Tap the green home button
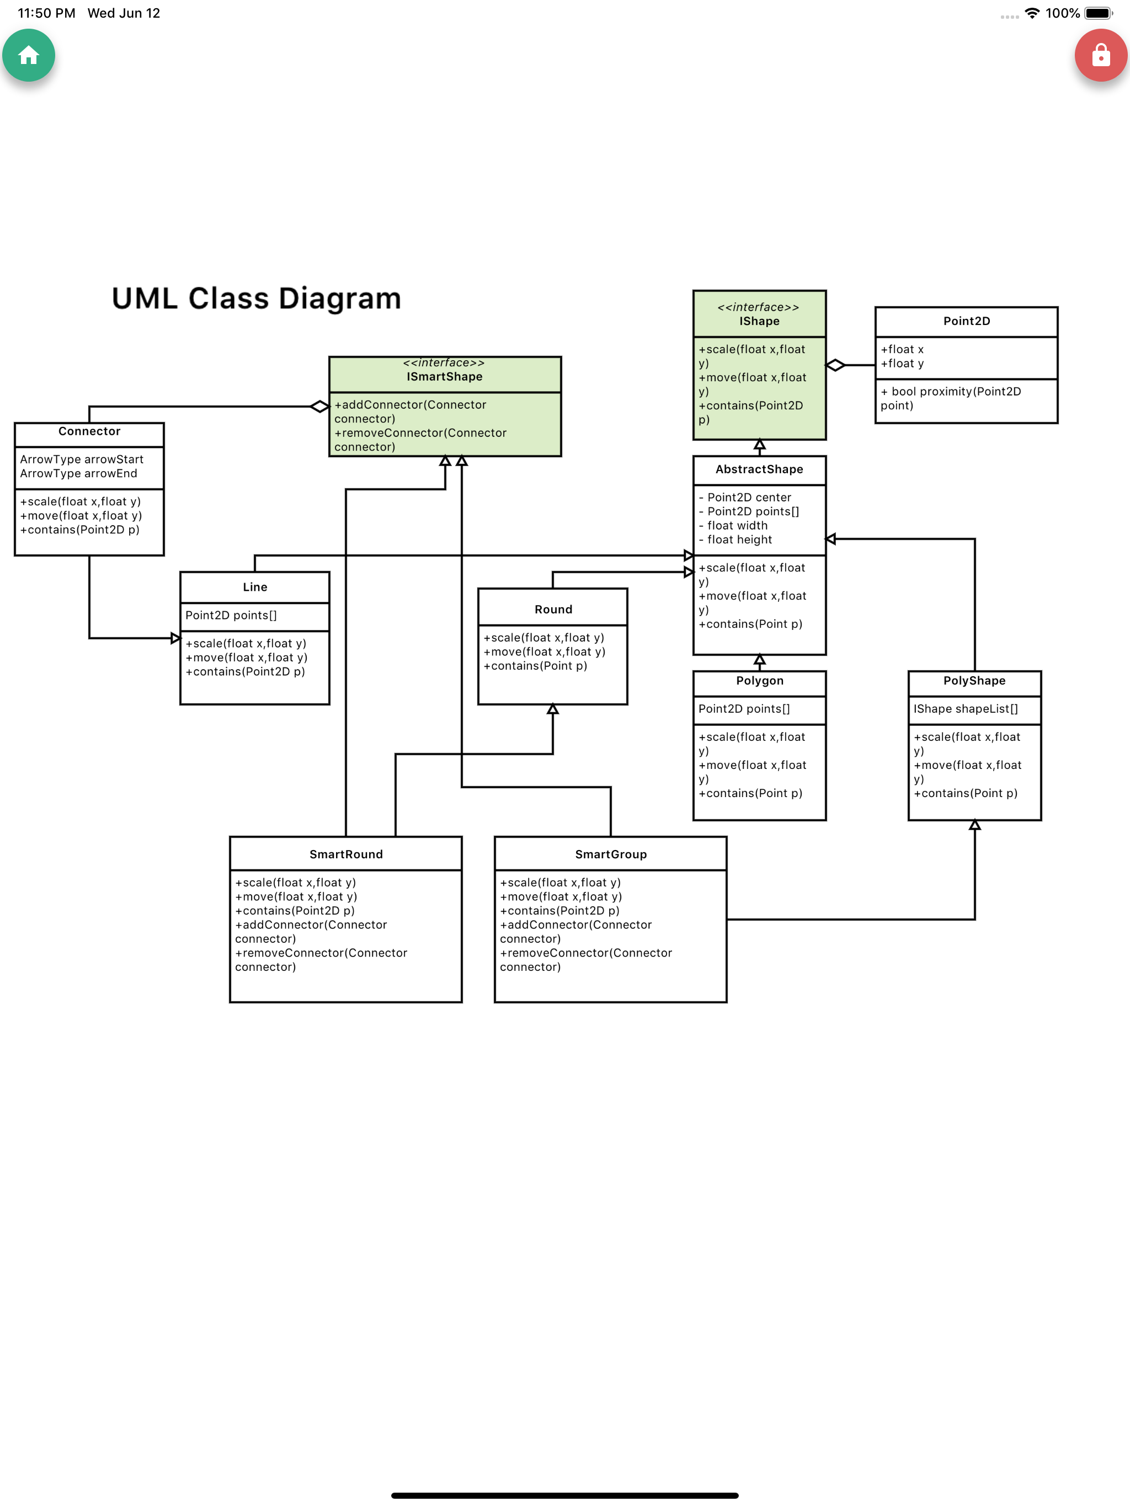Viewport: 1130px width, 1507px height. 29,55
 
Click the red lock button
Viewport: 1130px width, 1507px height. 1101,55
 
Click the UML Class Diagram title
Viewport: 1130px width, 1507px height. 256,298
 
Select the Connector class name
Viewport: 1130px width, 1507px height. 89,431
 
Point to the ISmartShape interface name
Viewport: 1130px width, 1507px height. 444,377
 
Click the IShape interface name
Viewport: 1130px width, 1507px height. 759,321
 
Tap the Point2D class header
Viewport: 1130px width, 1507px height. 967,321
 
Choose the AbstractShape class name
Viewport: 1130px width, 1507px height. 759,469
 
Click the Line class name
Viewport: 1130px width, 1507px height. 255,587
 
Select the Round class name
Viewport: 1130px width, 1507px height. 553,610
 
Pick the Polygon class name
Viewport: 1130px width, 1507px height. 760,681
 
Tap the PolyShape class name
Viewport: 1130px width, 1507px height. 974,681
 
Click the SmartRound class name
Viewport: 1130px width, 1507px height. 346,854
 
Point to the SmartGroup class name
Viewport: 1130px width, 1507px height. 611,854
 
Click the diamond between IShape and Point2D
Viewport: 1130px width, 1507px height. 835,365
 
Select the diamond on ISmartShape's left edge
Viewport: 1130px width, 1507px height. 319,407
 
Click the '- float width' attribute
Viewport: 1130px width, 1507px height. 733,526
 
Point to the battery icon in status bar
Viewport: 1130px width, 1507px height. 1099,13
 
